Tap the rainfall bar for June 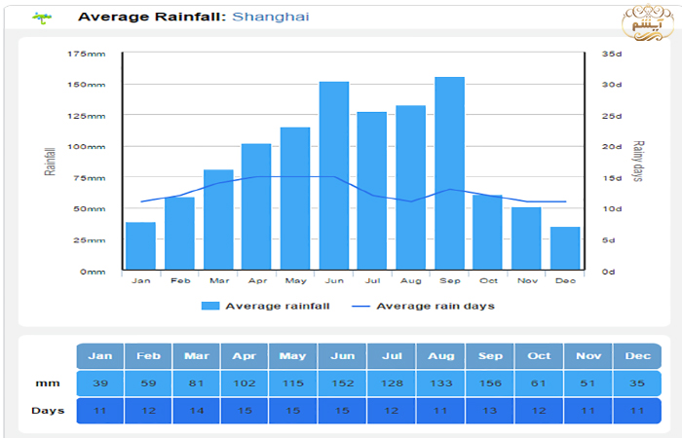click(334, 175)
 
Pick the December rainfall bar click(565, 249)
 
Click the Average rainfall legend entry click(266, 306)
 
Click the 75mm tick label click(89, 178)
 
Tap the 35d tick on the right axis click(611, 54)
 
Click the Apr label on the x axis click(256, 280)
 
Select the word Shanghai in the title click(271, 17)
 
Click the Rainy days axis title click(639, 162)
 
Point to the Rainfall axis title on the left click(49, 161)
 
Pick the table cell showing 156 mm click(490, 383)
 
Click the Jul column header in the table click(392, 355)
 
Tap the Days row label click(47, 410)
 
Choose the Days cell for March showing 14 click(197, 410)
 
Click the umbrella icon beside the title click(41, 17)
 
